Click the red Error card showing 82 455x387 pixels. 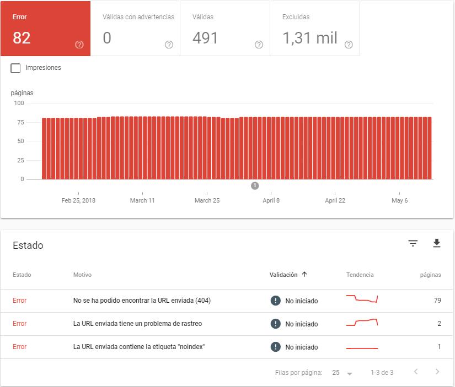[x=45, y=29]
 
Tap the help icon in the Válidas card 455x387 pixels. [x=259, y=45]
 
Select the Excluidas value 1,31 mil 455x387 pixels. [x=309, y=38]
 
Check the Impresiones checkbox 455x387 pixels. [x=16, y=68]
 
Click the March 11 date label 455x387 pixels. [x=142, y=200]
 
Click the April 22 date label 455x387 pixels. [x=335, y=200]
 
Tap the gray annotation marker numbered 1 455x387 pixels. [x=255, y=186]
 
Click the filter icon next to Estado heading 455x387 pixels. [x=413, y=243]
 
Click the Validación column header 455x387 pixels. [x=283, y=275]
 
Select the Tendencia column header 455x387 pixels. [x=360, y=275]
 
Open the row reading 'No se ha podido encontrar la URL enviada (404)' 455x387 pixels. [x=142, y=301]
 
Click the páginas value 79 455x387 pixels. [x=437, y=301]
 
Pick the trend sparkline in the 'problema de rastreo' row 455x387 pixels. [x=362, y=323]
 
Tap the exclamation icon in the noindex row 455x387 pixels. [x=276, y=347]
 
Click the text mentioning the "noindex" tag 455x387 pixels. [x=139, y=347]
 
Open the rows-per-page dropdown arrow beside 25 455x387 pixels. [x=349, y=373]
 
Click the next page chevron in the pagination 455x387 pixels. [x=437, y=372]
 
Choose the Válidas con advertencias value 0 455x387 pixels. [x=107, y=38]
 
